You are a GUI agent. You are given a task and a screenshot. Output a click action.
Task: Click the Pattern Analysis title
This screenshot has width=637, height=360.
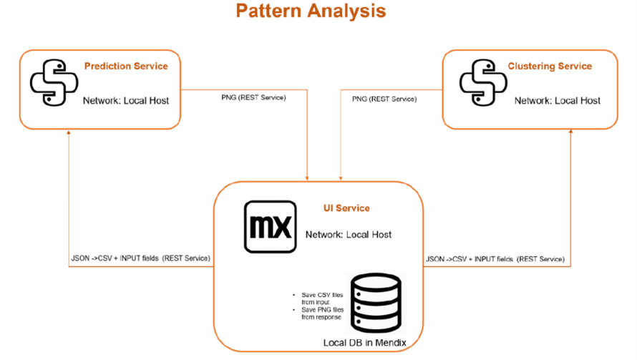coord(311,11)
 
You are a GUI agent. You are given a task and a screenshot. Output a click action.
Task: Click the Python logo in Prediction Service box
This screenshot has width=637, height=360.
coord(54,83)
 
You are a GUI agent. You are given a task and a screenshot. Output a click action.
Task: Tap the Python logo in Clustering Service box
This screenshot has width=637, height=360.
coord(483,83)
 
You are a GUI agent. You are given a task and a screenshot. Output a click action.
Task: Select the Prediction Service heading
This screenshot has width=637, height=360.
coord(126,67)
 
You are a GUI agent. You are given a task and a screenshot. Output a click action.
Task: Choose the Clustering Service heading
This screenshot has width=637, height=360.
coord(550,67)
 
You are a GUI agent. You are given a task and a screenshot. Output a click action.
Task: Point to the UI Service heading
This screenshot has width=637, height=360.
coord(346,208)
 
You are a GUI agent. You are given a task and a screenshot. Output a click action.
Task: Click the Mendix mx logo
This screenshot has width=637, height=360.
coord(270,228)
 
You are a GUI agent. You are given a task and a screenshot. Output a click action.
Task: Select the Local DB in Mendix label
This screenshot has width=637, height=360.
coord(364,344)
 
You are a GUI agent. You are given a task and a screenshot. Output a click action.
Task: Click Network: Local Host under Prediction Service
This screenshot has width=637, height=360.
coord(126,101)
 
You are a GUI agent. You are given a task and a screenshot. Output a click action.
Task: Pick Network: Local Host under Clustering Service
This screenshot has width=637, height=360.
coord(557,101)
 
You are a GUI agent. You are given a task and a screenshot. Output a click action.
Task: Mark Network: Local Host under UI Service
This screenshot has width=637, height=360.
coord(349,235)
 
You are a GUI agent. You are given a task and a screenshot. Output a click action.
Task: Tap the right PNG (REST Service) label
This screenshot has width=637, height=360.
coord(384,99)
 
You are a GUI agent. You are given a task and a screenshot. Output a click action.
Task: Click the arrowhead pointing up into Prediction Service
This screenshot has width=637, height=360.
coord(69,134)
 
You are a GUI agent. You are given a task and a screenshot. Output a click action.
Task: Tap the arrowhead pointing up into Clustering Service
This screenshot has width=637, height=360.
coord(570,134)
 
